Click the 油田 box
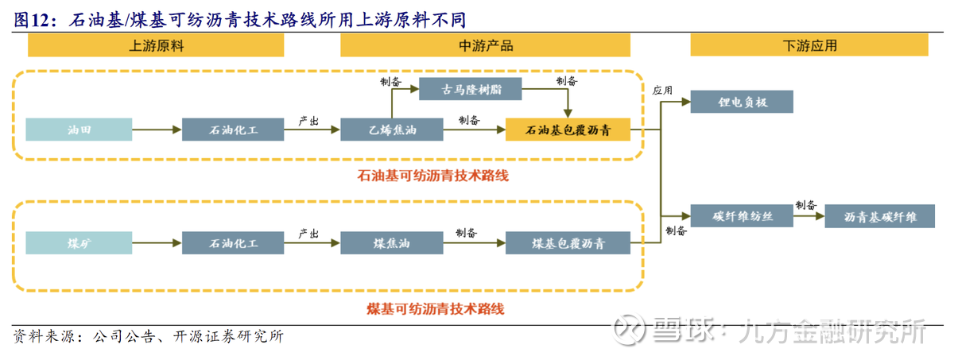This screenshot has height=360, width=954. point(77,129)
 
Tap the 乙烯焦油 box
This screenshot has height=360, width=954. point(390,129)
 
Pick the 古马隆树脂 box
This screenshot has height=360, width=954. point(470,88)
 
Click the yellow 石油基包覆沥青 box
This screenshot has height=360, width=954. point(568,129)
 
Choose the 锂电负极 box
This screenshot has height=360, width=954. point(741,102)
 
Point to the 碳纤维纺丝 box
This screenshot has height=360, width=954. point(741,216)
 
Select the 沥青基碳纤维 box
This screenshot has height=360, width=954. point(879,216)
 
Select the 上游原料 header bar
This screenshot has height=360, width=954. point(156,46)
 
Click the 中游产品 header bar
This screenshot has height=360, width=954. point(486,46)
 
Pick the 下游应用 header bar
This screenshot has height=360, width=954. point(809,46)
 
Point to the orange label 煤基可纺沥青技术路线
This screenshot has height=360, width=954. point(435,308)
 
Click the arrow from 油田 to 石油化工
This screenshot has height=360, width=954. point(157,129)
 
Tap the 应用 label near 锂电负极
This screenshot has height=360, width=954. point(662,91)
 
